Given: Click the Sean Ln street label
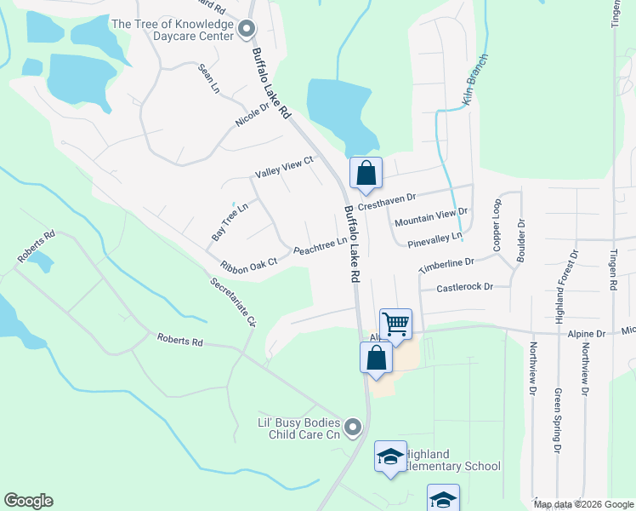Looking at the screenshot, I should coord(209,78).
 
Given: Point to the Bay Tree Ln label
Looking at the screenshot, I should coord(230,220).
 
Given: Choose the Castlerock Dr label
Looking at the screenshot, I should coord(464,288).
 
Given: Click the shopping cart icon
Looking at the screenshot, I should coord(395,324).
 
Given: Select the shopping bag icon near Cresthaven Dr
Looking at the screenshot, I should coord(366,173).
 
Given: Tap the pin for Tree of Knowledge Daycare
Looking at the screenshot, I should coord(247,30).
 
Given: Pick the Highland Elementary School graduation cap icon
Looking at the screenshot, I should coord(390,456).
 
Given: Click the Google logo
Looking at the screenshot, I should coord(28,501).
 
